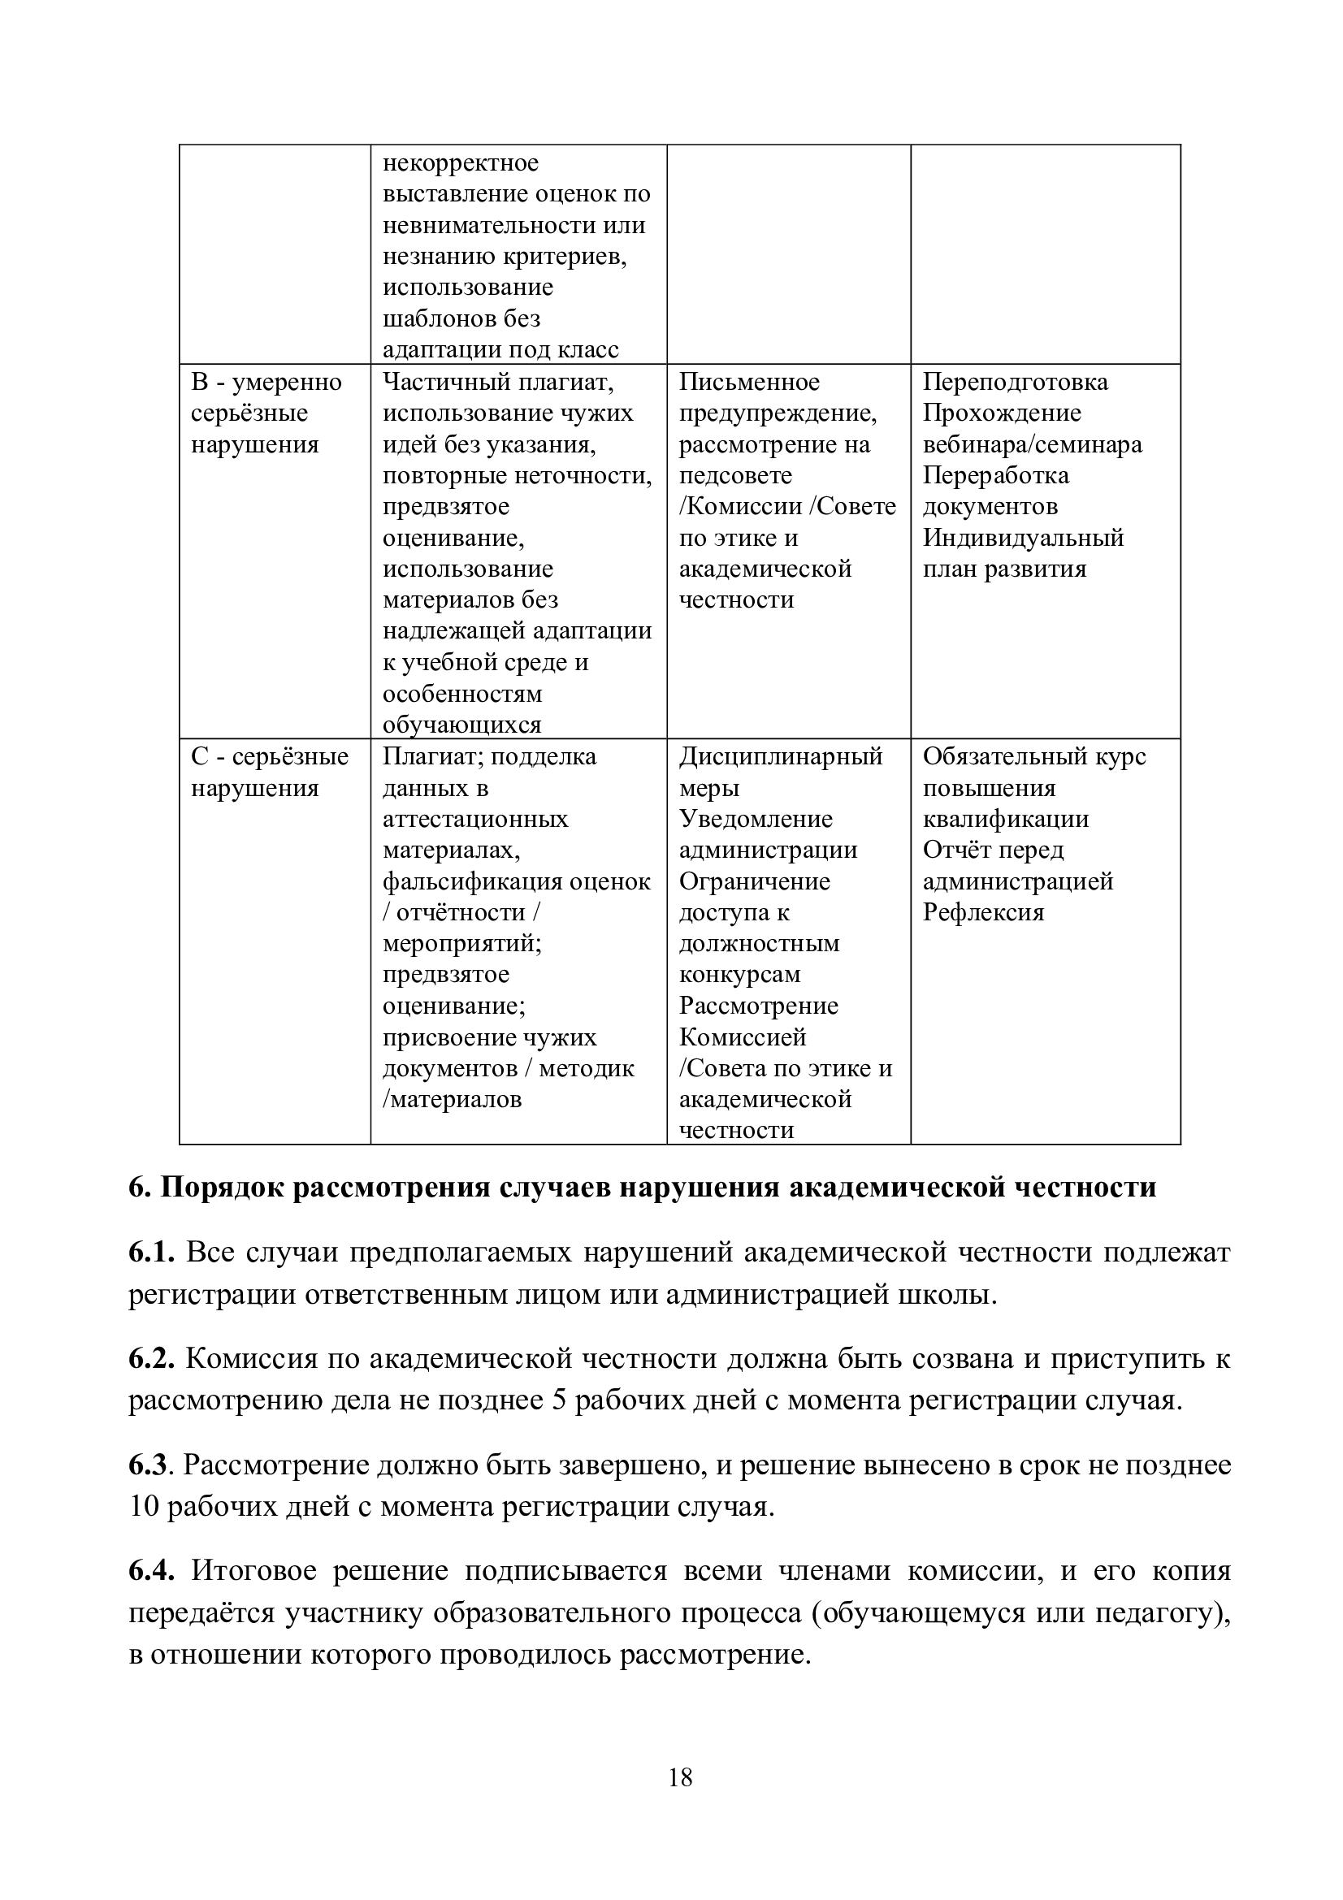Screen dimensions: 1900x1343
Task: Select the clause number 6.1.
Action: (x=150, y=1253)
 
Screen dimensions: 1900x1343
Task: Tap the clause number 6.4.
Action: (x=150, y=1571)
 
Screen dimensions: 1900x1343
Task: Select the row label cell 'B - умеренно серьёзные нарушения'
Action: (x=266, y=413)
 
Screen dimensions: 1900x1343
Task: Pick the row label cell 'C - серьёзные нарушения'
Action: (x=270, y=772)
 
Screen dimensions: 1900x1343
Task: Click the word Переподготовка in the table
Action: (x=1016, y=382)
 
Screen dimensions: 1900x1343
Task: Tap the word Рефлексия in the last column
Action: (x=983, y=912)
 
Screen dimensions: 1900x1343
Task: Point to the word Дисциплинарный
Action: (x=780, y=756)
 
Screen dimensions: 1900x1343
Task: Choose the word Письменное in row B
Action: (x=749, y=382)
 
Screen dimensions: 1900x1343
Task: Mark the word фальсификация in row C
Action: (x=467, y=881)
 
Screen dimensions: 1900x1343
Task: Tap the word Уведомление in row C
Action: (x=756, y=819)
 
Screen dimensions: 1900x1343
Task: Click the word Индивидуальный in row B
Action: (x=1023, y=538)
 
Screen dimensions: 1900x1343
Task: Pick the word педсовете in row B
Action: (x=734, y=476)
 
